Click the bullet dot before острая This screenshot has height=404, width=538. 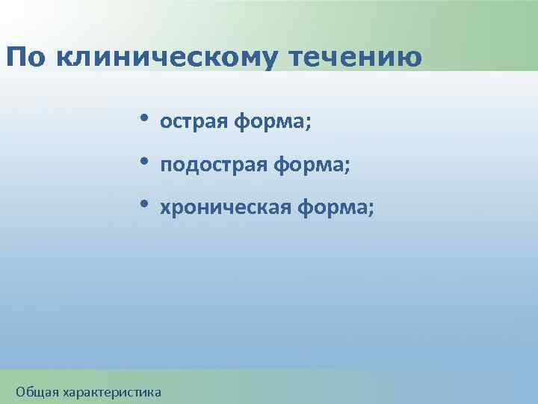pos(143,118)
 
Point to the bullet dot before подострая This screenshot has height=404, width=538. pos(143,161)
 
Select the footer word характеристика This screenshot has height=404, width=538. pos(112,391)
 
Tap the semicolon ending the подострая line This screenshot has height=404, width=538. pos(346,166)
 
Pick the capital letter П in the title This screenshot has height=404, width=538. pos(16,57)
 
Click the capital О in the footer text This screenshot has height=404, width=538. pos(22,391)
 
